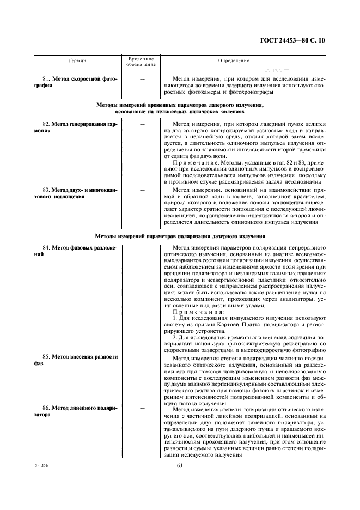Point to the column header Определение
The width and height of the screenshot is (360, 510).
point(234,60)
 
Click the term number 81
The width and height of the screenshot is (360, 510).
point(47,78)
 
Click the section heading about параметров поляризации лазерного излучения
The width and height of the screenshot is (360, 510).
point(180,236)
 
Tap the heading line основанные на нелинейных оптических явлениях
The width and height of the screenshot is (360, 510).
point(180,111)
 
